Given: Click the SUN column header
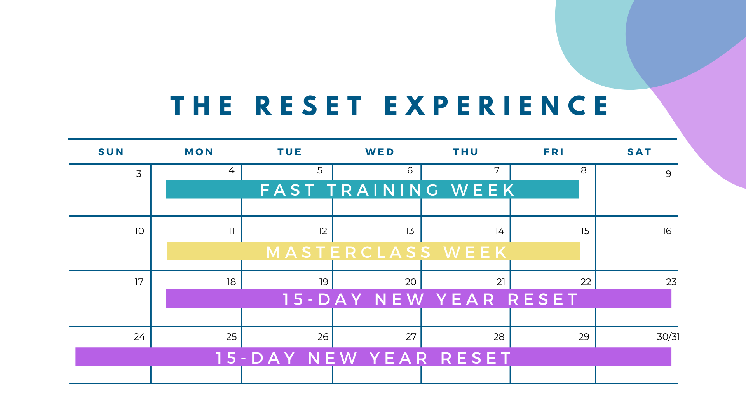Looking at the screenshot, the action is [111, 152].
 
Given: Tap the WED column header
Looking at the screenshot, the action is [380, 152].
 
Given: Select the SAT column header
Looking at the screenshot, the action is [639, 152].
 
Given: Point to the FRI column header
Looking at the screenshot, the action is [554, 152].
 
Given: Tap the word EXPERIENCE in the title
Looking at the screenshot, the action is [497, 105].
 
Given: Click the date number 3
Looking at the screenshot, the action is [139, 174].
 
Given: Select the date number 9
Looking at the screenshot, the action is [668, 174].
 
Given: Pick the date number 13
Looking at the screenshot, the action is [410, 231].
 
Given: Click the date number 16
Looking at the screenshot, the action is [667, 231].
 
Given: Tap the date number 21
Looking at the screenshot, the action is [501, 282].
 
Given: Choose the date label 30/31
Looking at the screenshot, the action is [668, 337].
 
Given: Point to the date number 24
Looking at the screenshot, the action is [139, 337].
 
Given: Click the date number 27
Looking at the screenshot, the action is [411, 337].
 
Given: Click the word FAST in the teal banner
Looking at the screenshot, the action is [288, 190].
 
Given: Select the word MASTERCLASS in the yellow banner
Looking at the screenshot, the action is [349, 252].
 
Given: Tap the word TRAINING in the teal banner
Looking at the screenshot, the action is [383, 190].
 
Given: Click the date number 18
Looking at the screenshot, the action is [231, 282].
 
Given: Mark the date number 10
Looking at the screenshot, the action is [139, 231].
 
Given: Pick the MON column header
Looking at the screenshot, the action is [199, 152].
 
